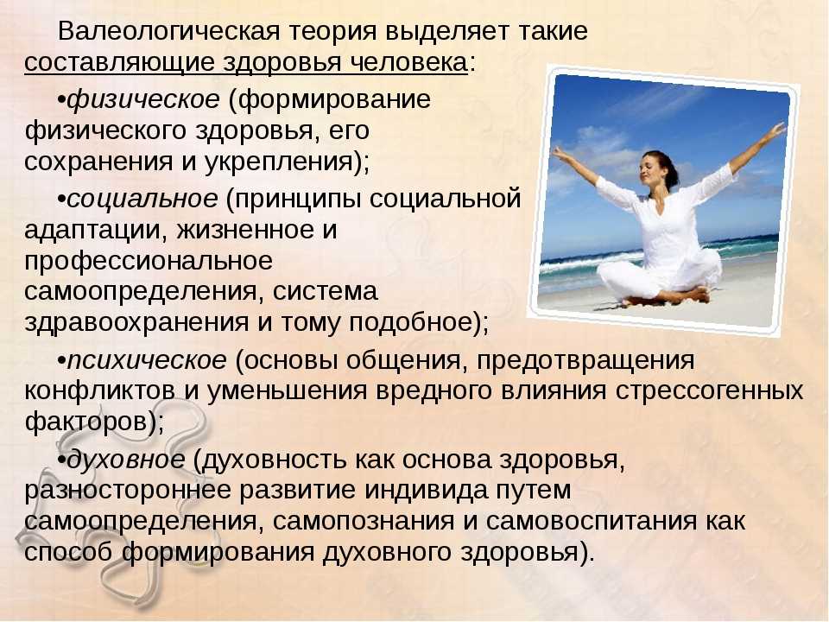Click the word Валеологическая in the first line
168,31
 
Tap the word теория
332,32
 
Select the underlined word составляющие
119,62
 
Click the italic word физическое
142,100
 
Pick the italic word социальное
142,200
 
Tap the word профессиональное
149,262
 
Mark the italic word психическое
147,361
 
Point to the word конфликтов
99,391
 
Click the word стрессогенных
710,391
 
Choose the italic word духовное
126,460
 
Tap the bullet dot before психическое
61,362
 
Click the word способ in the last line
68,552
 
